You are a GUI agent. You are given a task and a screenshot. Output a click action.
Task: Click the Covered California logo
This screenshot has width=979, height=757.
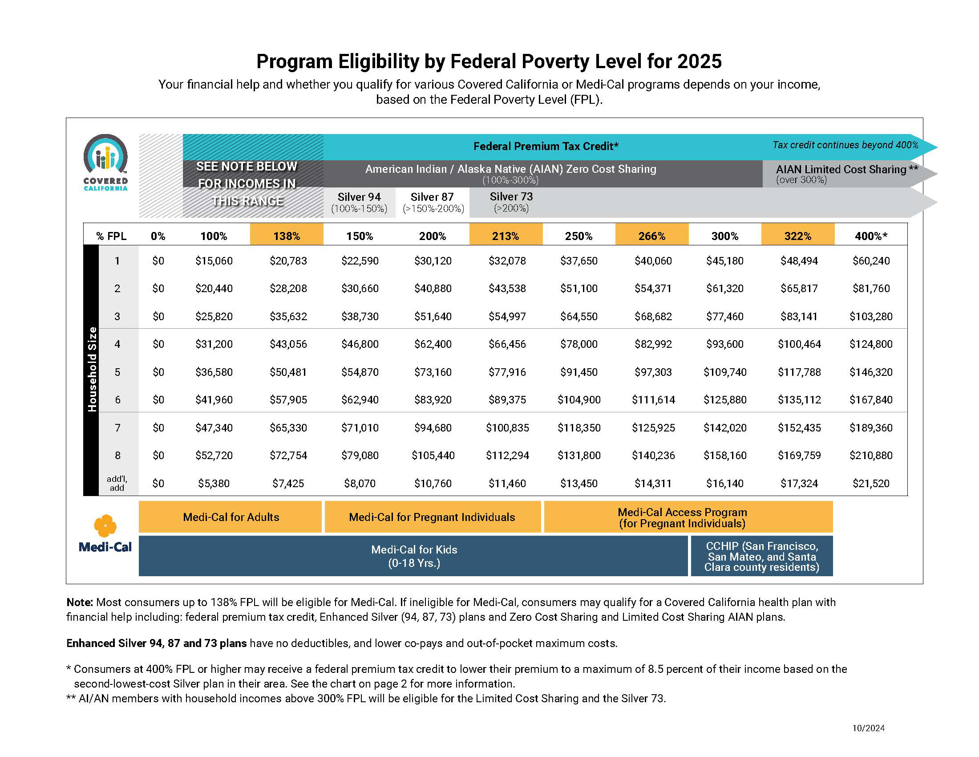point(105,163)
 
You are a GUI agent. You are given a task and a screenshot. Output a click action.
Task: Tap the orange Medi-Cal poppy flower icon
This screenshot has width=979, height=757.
point(105,525)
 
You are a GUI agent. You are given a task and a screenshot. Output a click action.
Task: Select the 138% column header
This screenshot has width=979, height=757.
point(287,236)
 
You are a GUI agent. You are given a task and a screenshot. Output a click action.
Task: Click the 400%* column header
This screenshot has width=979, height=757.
point(870,236)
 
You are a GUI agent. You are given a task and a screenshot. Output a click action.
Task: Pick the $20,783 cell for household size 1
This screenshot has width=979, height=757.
point(288,260)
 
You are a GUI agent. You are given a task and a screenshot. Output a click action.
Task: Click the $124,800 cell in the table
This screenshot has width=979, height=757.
point(870,344)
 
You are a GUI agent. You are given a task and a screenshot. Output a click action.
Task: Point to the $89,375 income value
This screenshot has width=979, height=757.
point(507,399)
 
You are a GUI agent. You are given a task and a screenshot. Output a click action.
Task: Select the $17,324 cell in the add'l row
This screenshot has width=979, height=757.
point(799,483)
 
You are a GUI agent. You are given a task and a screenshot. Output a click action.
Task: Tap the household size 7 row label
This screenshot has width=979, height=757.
point(117,427)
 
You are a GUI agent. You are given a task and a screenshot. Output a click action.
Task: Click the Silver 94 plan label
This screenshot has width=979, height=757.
point(359,197)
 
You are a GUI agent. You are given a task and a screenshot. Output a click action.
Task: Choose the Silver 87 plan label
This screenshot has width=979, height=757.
point(432,197)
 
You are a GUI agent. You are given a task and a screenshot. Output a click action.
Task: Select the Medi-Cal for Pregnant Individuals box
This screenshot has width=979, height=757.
point(433,517)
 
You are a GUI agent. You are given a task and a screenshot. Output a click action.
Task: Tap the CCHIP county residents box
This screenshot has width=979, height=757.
point(761,556)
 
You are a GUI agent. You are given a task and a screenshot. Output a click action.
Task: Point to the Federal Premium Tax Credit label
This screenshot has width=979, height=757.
point(546,146)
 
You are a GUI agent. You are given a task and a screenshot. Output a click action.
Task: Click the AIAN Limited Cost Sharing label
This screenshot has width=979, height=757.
point(847,169)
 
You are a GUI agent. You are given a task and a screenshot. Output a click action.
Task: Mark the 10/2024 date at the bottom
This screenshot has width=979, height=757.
point(868,729)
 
